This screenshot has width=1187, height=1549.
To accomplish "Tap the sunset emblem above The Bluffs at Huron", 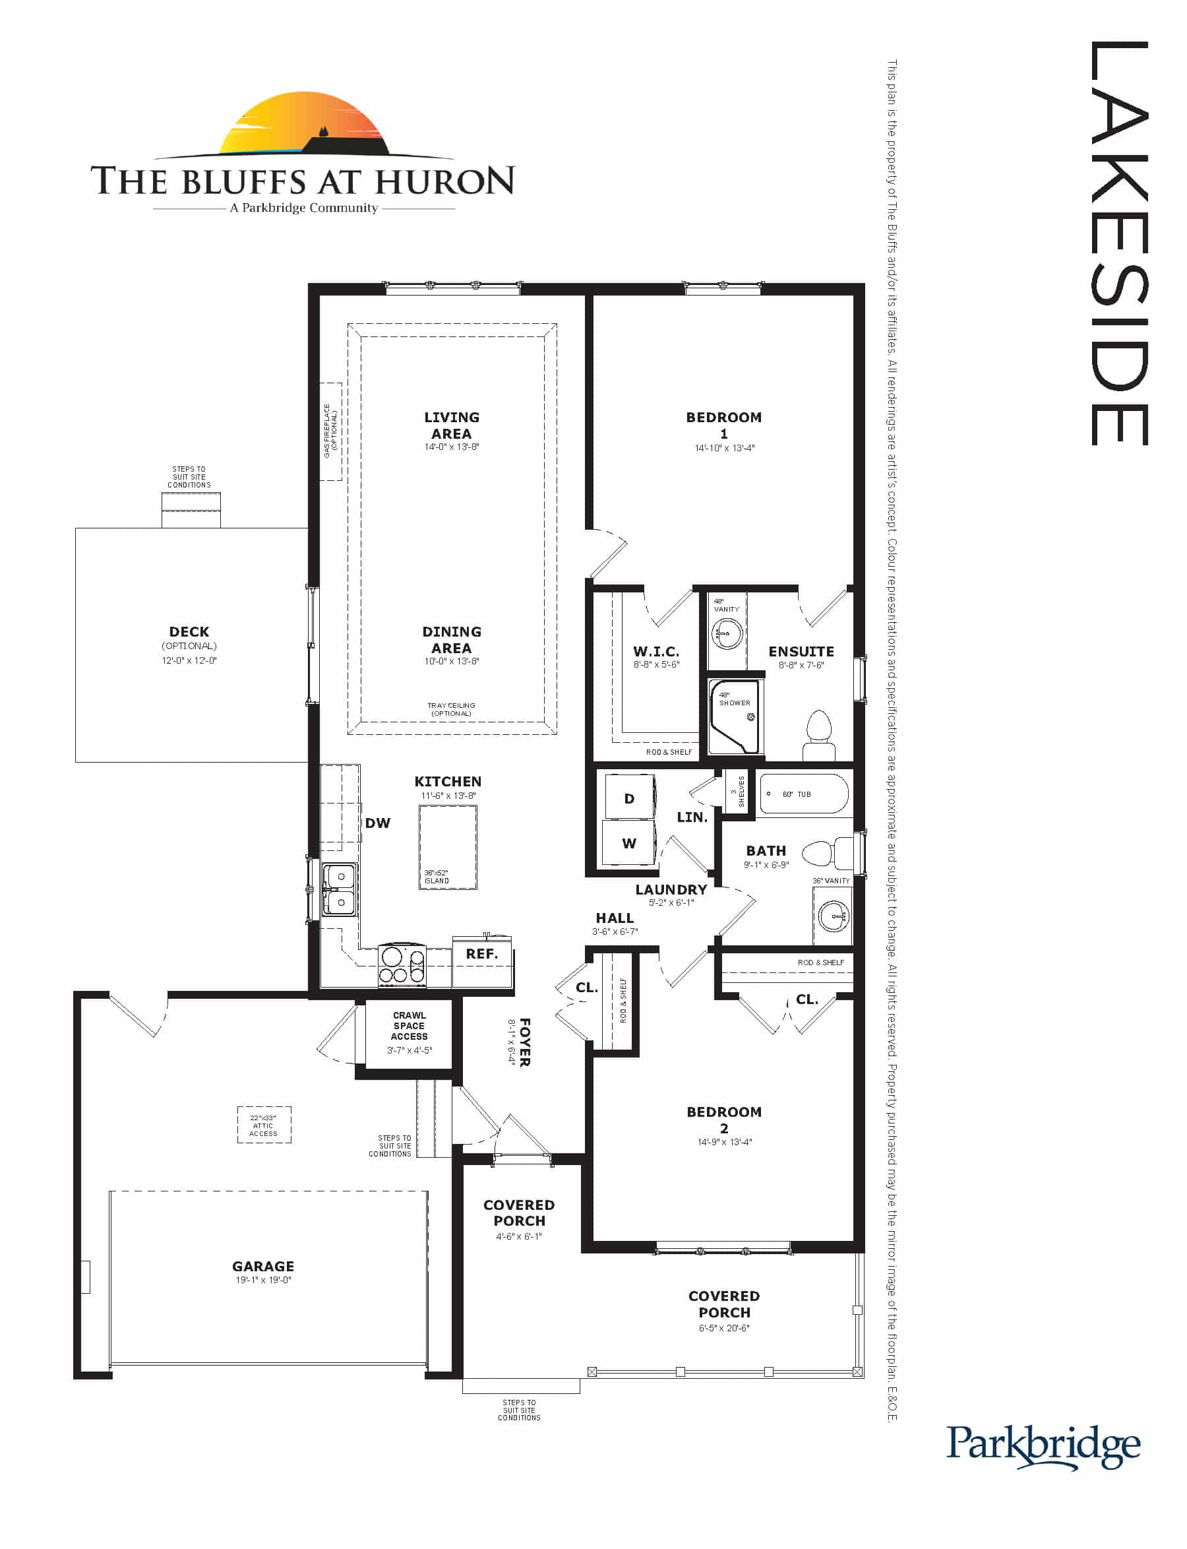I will [x=305, y=125].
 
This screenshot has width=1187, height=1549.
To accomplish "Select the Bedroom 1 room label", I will [x=723, y=426].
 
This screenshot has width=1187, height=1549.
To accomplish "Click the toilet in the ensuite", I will [x=819, y=736].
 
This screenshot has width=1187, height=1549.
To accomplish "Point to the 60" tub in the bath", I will [x=803, y=794].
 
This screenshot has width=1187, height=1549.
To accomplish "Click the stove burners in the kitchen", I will [x=403, y=965].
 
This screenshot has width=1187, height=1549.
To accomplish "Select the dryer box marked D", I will [x=629, y=798].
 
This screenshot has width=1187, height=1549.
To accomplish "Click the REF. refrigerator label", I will [x=482, y=954].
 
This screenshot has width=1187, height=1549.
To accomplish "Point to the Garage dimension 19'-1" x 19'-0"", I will [x=264, y=1280].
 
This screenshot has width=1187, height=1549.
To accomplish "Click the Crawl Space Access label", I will [x=409, y=1025].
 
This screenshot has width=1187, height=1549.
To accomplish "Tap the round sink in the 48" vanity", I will [x=726, y=633].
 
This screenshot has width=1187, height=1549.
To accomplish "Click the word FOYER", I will [x=525, y=1042].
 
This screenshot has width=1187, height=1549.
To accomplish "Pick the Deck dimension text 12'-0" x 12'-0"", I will [x=189, y=660].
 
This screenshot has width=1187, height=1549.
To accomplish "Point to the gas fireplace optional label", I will [x=330, y=430].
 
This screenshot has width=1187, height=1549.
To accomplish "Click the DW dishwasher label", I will [x=377, y=823].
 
